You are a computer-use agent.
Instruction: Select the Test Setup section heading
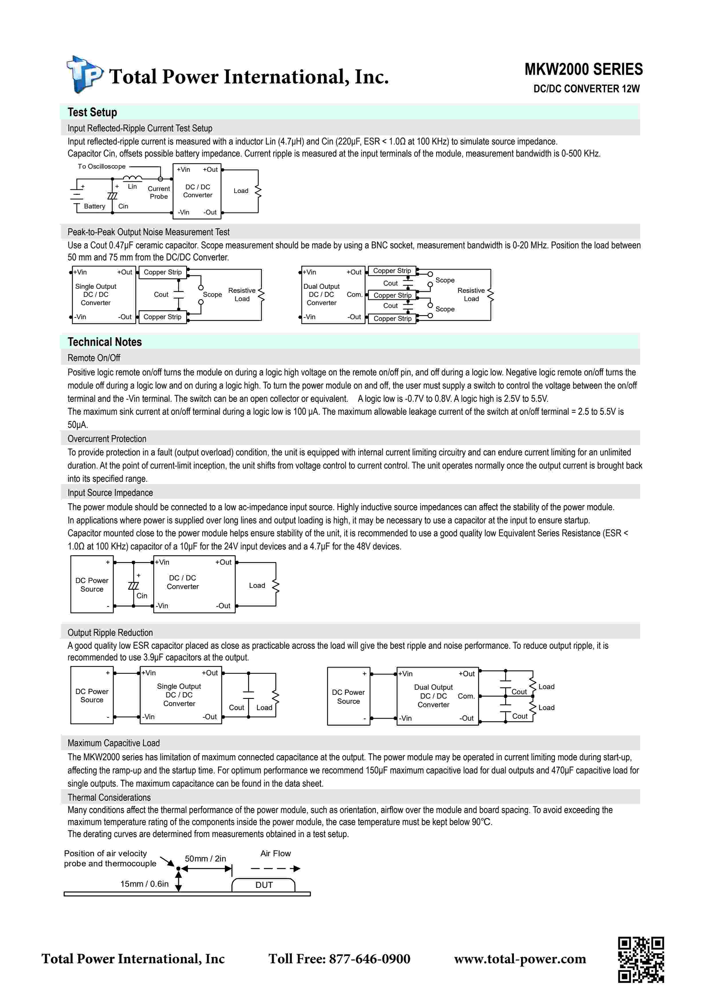[92, 112]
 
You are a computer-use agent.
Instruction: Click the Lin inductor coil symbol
[132, 178]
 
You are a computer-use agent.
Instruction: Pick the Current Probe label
[159, 193]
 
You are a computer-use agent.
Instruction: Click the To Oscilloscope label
[102, 167]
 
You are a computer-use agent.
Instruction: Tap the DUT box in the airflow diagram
[264, 885]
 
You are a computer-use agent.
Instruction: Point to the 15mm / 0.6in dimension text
[144, 884]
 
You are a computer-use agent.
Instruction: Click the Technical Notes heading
[104, 342]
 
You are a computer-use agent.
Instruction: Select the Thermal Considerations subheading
[109, 798]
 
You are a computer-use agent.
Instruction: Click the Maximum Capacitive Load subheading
[114, 743]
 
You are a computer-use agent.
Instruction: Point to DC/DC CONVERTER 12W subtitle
[586, 89]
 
